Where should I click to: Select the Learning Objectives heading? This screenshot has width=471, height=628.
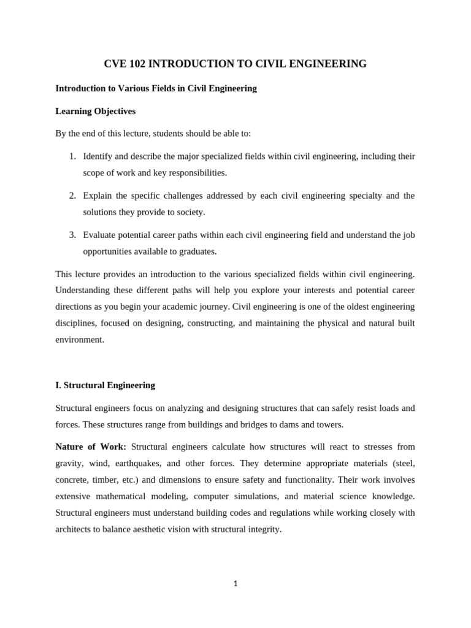tap(95, 111)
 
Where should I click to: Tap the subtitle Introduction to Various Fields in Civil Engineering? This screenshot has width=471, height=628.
tap(156, 88)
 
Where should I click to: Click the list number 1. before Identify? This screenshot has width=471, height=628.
tap(72, 156)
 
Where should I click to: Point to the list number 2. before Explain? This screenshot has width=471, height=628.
tap(72, 196)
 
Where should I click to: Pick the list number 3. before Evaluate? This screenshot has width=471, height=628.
tap(72, 235)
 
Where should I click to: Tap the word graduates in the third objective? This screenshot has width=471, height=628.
tap(197, 251)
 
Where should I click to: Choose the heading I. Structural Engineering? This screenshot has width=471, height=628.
tap(105, 385)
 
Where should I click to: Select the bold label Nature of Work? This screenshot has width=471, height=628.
tap(91, 446)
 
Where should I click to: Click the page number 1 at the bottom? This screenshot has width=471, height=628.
tap(235, 584)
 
